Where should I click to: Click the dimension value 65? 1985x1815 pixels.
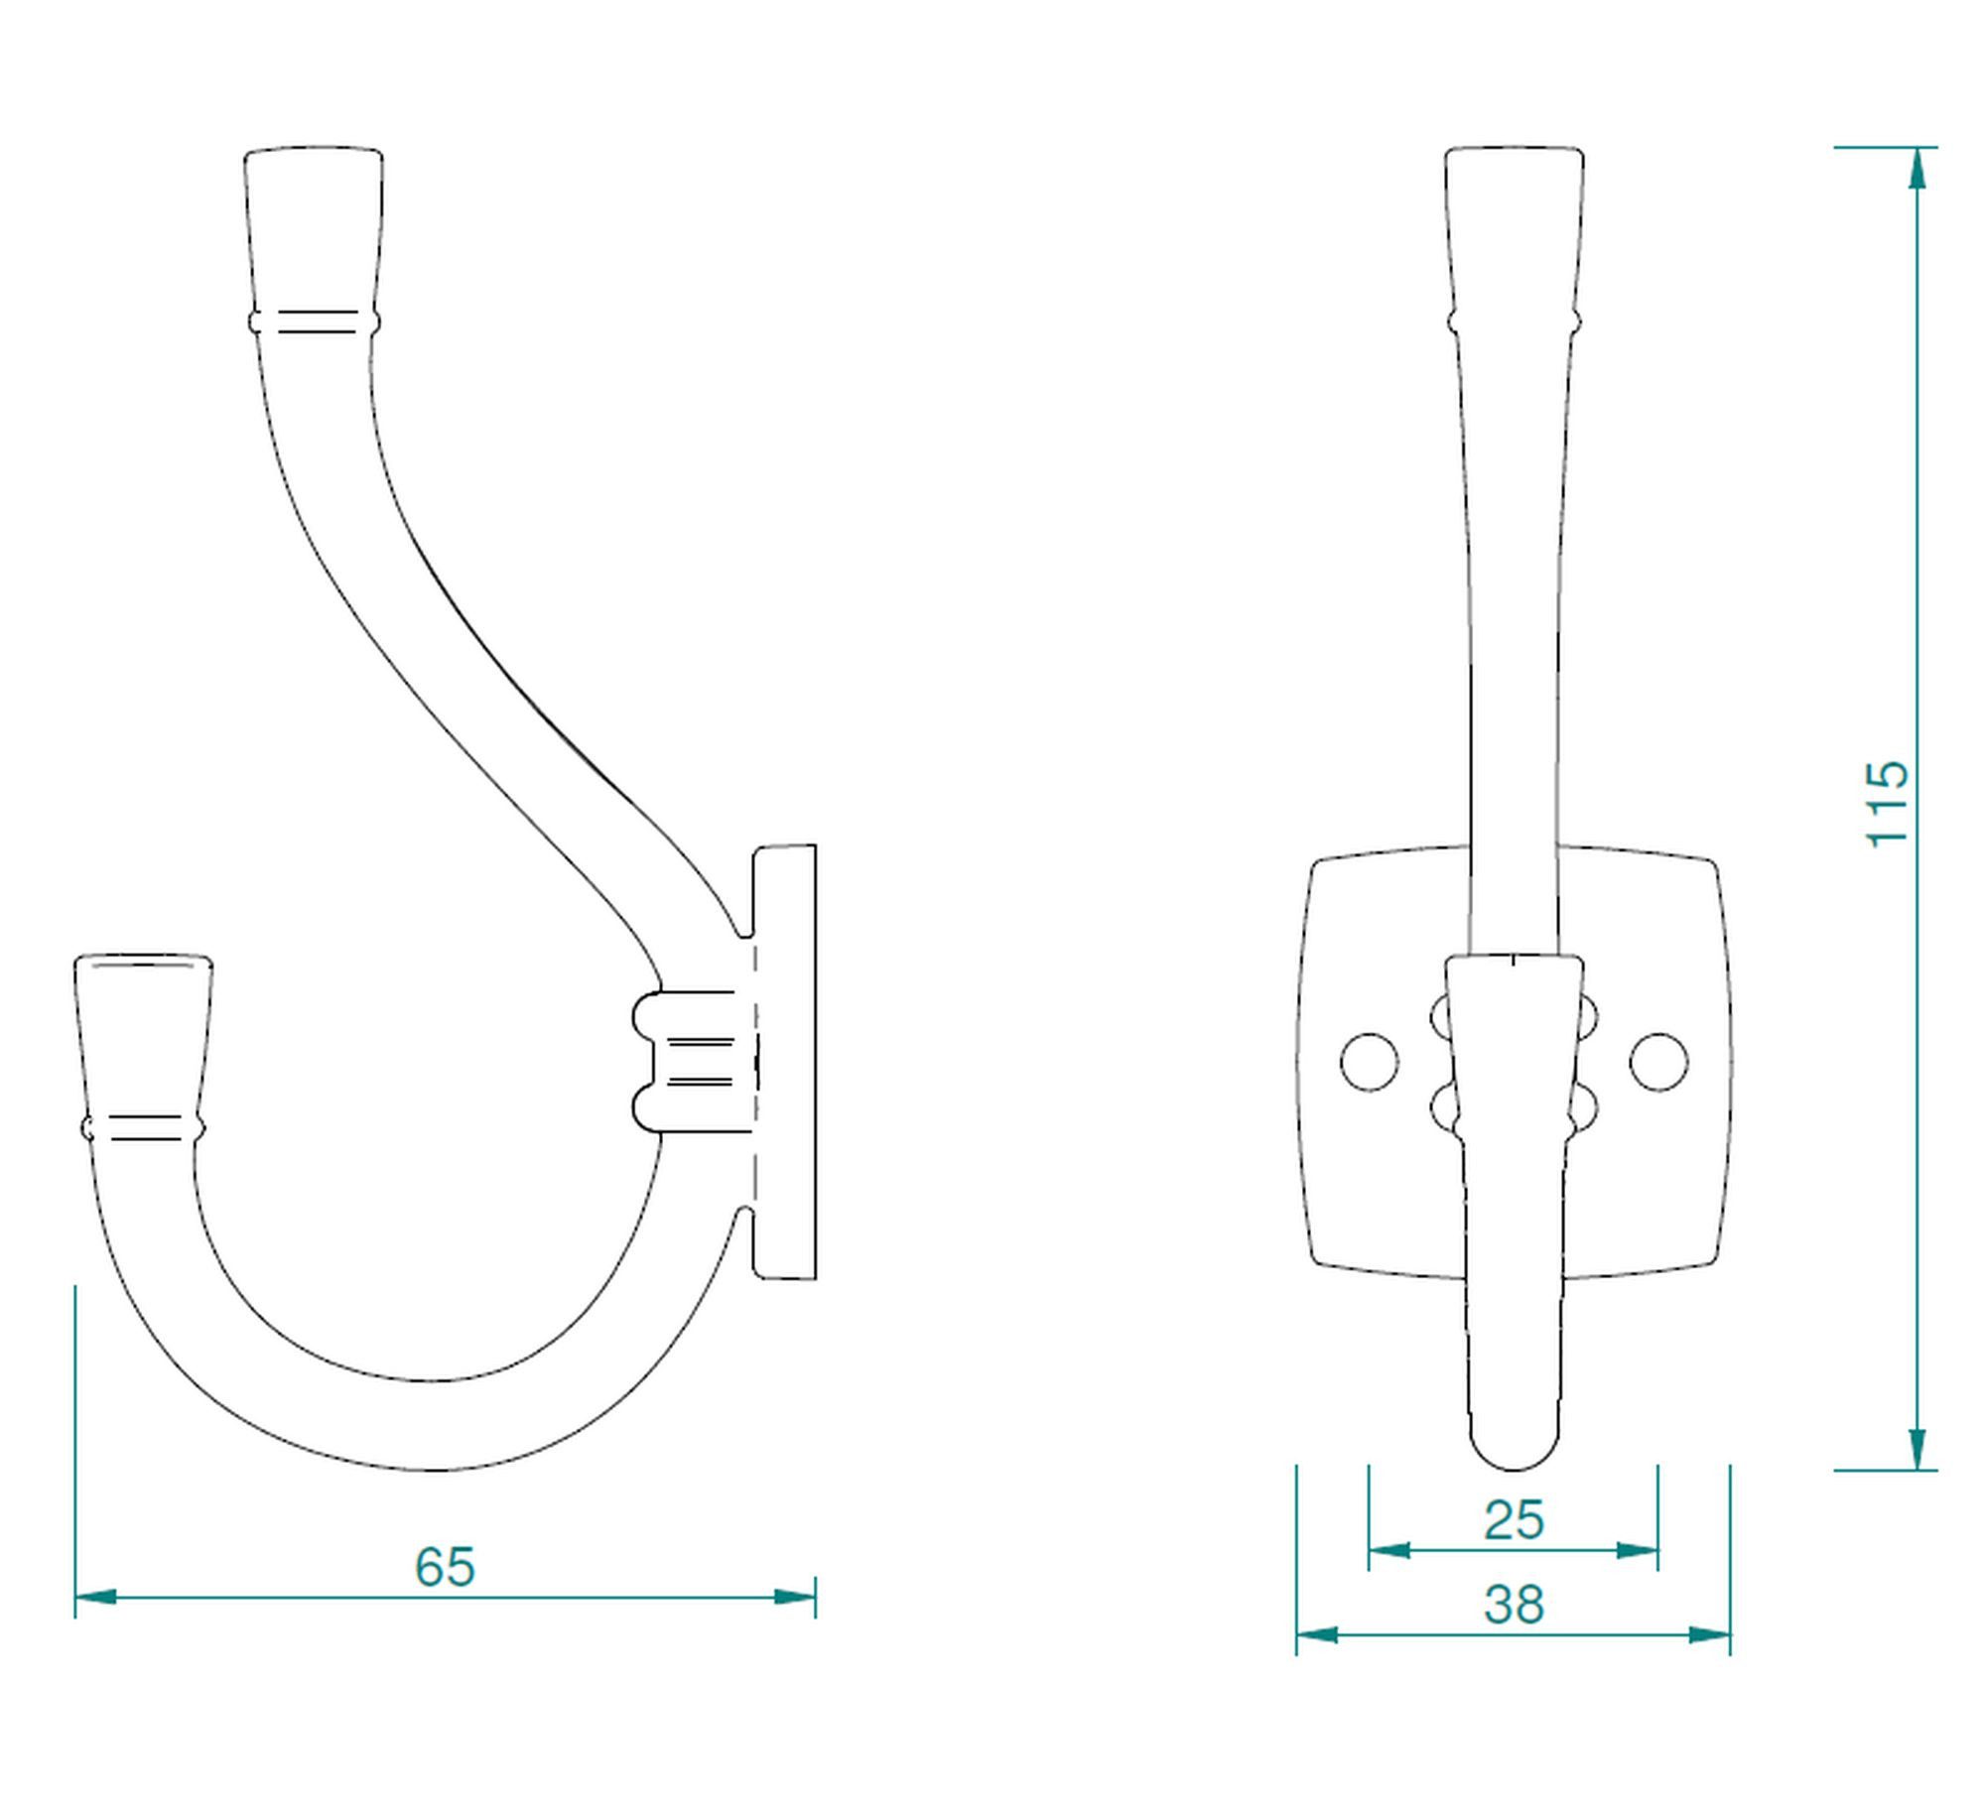point(445,1567)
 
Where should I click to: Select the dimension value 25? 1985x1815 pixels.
point(1514,1519)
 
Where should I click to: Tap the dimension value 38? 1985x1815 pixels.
point(1514,1605)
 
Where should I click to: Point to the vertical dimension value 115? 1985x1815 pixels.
point(1887,805)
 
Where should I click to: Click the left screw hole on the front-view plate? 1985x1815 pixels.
point(1370,1062)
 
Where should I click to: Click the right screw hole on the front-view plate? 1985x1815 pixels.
point(1658,1062)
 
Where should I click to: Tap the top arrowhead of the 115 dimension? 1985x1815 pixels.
point(1918,168)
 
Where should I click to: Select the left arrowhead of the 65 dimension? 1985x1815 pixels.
point(96,1597)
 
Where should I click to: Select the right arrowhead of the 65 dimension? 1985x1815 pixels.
point(794,1597)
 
